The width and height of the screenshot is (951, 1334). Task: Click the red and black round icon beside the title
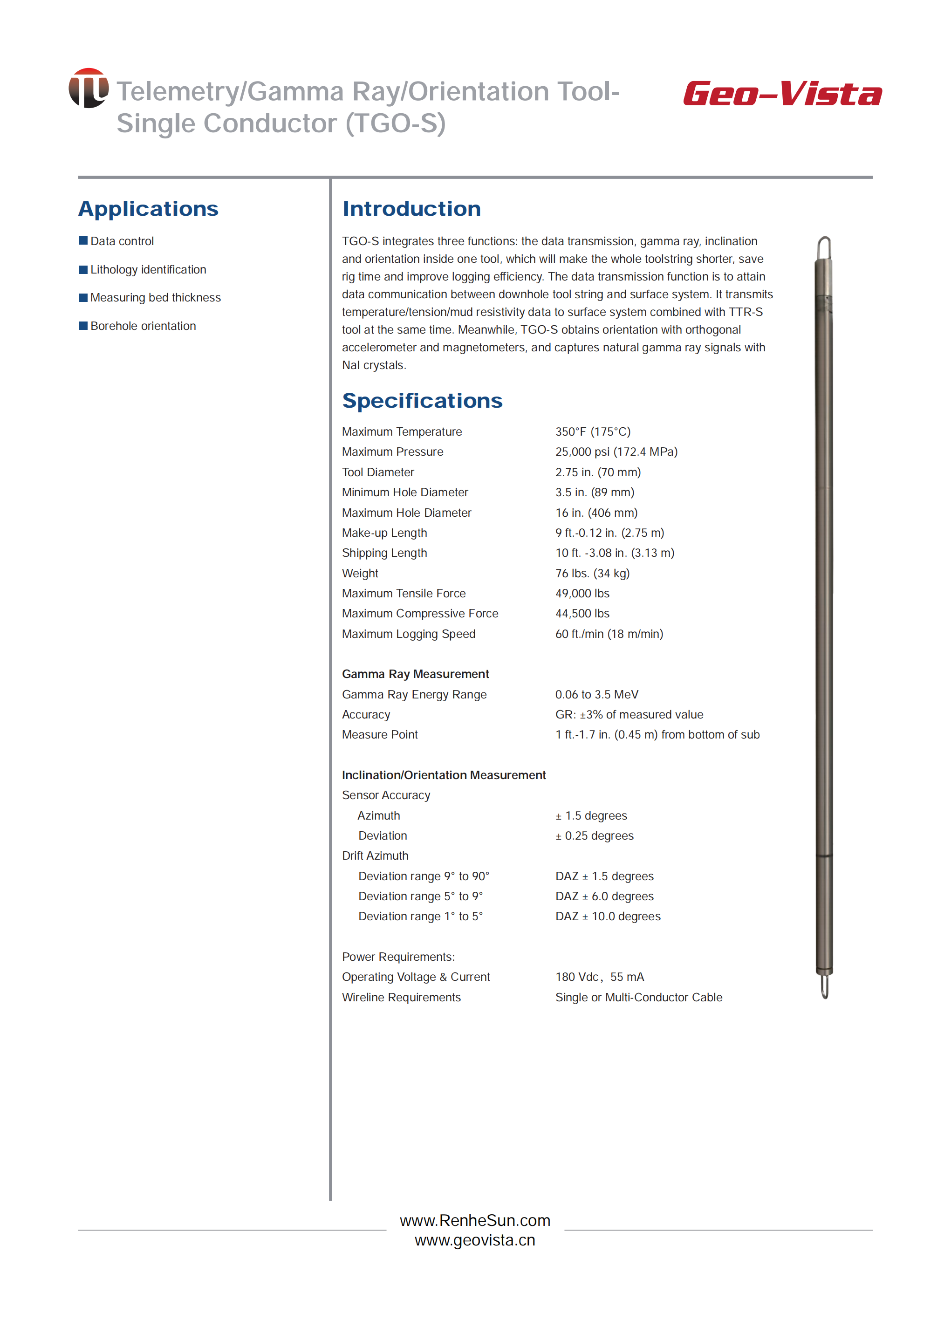pos(89,89)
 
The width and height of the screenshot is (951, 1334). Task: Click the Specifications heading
pos(422,401)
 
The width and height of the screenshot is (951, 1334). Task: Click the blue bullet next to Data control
pos(83,241)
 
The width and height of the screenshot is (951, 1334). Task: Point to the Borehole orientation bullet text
pos(143,326)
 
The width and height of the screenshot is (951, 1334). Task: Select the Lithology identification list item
pos(148,269)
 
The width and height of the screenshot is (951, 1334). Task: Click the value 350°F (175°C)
pos(593,431)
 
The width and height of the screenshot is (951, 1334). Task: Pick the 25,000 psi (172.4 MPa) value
pos(616,452)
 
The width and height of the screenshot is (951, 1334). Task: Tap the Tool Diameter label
pos(378,472)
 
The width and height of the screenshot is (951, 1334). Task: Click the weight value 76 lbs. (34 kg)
pos(592,573)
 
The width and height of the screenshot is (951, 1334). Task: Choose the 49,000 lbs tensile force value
pos(582,593)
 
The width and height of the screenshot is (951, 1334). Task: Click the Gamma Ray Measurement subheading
pos(415,674)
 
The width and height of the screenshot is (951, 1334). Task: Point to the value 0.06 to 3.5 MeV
pos(596,695)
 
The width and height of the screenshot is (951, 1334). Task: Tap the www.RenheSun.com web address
pos(475,1220)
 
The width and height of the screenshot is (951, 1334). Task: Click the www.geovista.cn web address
pos(475,1240)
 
